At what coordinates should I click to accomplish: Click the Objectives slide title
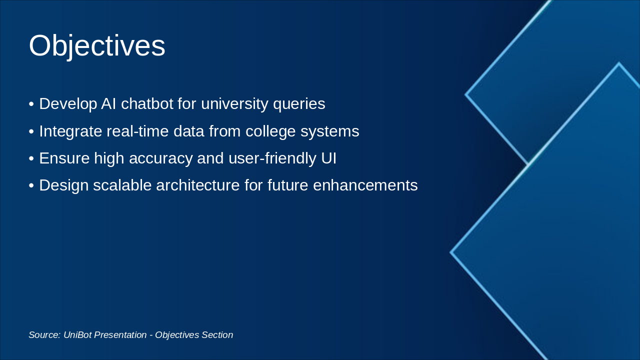tap(97, 46)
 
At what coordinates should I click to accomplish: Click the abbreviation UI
tap(328, 158)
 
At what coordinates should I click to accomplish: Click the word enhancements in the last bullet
tap(365, 185)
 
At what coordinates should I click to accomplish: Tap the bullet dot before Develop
tap(31, 104)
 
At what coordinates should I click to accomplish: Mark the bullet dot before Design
tap(31, 186)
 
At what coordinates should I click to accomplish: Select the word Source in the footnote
tap(44, 335)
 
